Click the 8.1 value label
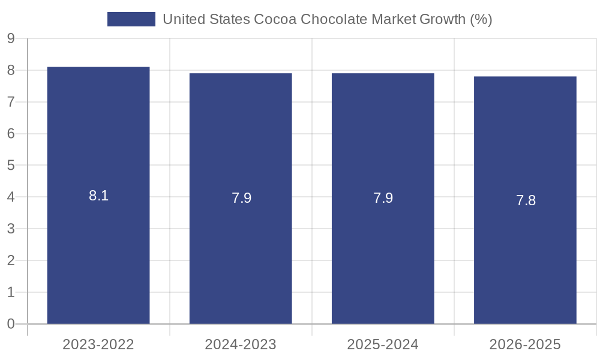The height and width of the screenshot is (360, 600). click(98, 196)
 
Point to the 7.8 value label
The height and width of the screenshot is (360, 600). click(526, 200)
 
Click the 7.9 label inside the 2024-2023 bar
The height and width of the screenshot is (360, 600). click(241, 199)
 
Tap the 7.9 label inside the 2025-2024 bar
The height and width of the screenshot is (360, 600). click(383, 199)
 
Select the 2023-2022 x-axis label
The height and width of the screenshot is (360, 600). click(98, 344)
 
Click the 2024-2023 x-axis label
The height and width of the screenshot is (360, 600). click(241, 344)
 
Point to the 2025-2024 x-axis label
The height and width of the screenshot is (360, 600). click(383, 344)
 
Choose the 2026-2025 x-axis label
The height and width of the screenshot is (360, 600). click(525, 344)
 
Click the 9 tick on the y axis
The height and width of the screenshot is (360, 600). click(11, 38)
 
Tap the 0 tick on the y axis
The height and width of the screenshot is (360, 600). click(11, 324)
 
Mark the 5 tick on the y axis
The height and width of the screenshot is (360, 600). click(11, 166)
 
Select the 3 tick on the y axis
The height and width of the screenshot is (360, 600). click(11, 229)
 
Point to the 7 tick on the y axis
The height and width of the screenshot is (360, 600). click(11, 102)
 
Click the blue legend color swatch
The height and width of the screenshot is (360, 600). click(131, 19)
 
